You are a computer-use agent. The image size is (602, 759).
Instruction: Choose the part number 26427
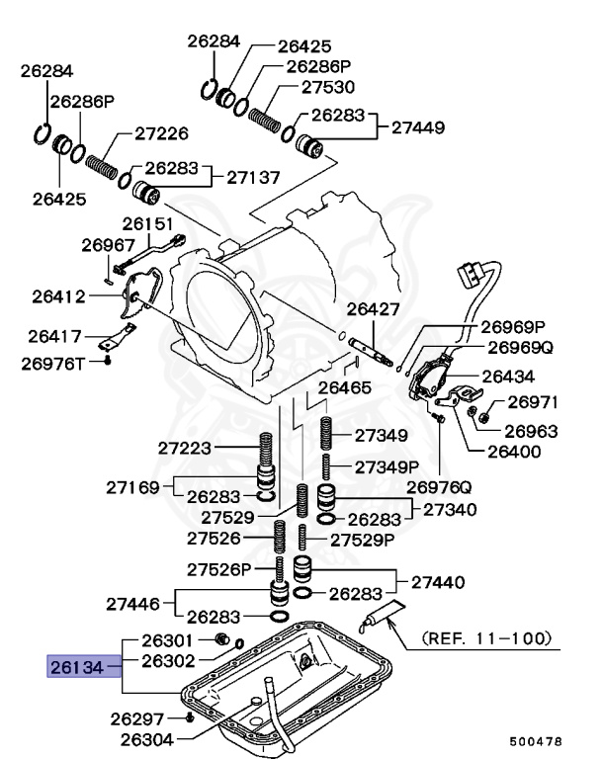click(x=373, y=309)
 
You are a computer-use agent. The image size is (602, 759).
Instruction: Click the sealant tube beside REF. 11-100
click(x=382, y=618)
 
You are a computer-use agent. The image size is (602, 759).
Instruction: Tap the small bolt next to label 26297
click(x=188, y=717)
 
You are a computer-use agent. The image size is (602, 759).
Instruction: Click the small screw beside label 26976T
click(x=107, y=363)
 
